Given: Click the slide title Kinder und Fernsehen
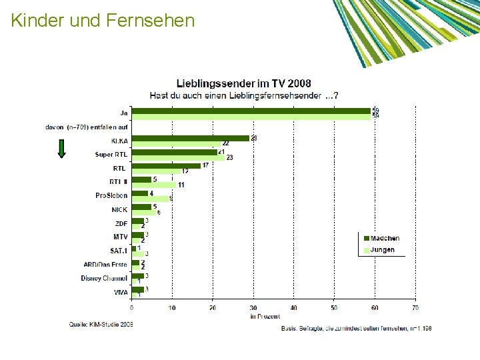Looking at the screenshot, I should pos(103,21).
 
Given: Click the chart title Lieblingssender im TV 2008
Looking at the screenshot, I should pos(243,83).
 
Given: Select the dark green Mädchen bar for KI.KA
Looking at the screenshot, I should pos(190,138).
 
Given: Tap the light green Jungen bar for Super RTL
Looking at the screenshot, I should pos(178,158).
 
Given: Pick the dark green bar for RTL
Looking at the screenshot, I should pos(165,165).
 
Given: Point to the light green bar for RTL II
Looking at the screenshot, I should pos(153,185).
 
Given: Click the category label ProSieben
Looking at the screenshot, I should pos(111,196).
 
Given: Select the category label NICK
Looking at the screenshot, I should pos(119,210).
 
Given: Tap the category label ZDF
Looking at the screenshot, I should pos(121,223).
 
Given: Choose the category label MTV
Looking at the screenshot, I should pos(120,237).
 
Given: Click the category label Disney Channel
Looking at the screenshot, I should pos(104,278).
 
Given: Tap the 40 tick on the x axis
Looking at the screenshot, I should pos(294,308).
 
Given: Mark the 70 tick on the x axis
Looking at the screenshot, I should pos(415,308).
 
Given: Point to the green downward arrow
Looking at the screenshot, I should pos(61,148).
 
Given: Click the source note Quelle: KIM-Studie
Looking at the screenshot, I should pos(101,324).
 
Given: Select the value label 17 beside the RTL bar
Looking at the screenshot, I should pos(206,165).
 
